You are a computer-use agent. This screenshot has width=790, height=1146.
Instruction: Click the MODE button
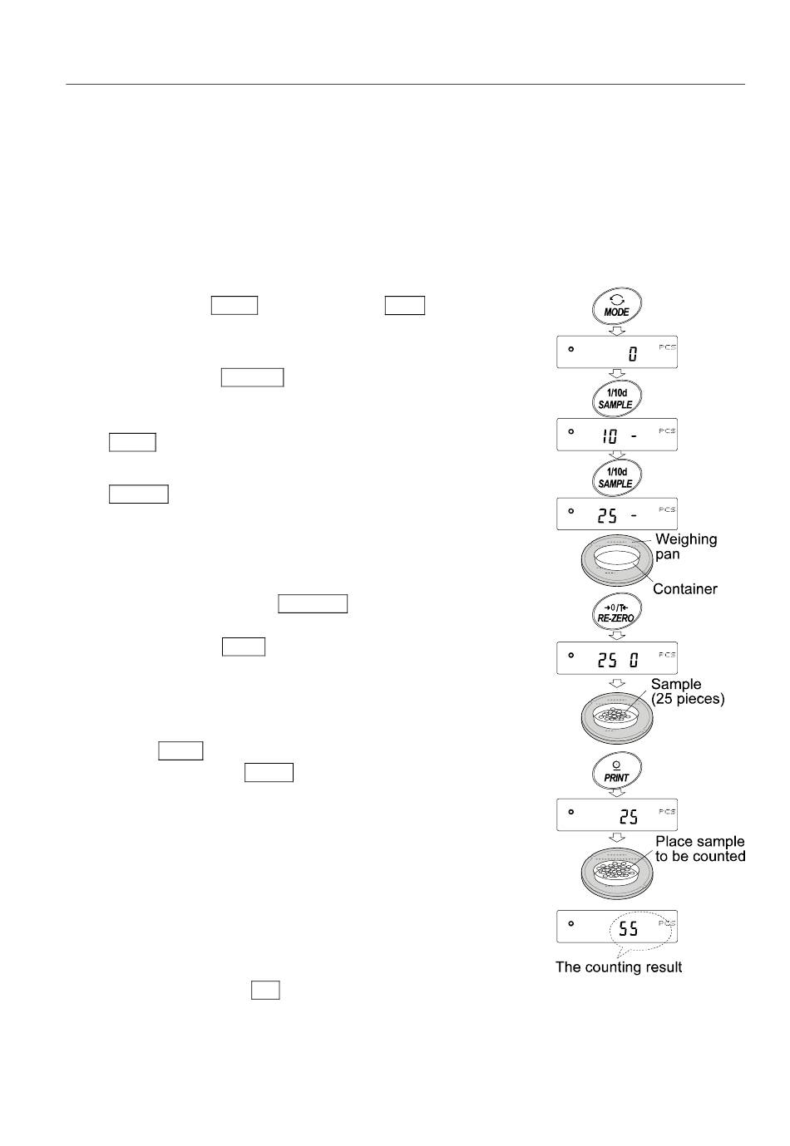pyautogui.click(x=616, y=307)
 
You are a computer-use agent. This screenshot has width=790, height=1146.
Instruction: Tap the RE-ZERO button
pyautogui.click(x=616, y=612)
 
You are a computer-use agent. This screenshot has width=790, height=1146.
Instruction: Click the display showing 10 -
pyautogui.click(x=617, y=434)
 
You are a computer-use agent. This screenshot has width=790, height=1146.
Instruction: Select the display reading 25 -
pyautogui.click(x=617, y=513)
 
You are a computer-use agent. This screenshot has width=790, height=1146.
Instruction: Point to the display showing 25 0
pyautogui.click(x=617, y=658)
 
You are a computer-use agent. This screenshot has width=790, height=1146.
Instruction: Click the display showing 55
pyautogui.click(x=617, y=927)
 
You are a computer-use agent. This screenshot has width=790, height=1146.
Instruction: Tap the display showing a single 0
pyautogui.click(x=617, y=352)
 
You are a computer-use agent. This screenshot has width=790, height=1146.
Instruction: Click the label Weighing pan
pyautogui.click(x=686, y=546)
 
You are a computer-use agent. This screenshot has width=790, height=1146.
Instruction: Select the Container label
pyautogui.click(x=684, y=588)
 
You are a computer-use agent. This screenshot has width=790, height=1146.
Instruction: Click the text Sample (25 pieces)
pyautogui.click(x=688, y=691)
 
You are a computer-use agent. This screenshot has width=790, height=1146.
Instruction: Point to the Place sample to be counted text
pyautogui.click(x=700, y=848)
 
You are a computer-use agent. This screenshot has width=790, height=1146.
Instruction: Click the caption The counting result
pyautogui.click(x=619, y=967)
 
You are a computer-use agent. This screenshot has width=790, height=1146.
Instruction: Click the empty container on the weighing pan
pyautogui.click(x=616, y=558)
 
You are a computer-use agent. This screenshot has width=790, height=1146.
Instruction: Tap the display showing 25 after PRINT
pyautogui.click(x=617, y=814)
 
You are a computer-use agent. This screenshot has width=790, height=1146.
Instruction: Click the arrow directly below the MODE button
pyautogui.click(x=617, y=331)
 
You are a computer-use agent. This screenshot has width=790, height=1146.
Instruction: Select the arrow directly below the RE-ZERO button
pyautogui.click(x=617, y=636)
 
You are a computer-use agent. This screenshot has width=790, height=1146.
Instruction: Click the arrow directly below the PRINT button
pyautogui.click(x=617, y=792)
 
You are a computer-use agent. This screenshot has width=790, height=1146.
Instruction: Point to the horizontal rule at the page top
pyautogui.click(x=405, y=84)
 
